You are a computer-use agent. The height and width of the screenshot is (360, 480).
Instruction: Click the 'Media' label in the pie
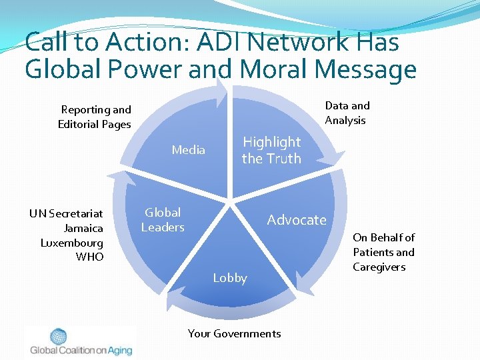point(189,150)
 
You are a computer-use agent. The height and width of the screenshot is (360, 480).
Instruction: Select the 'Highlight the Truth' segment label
point(271,150)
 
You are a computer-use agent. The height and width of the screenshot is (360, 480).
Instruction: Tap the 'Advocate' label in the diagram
point(297,220)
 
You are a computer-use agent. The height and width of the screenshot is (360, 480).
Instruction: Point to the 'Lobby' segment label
point(230,278)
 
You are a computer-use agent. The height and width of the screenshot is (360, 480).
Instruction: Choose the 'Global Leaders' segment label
point(163,220)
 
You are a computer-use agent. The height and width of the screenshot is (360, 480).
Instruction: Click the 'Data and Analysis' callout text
point(347,113)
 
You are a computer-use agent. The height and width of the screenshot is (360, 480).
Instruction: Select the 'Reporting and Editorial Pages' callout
point(95,117)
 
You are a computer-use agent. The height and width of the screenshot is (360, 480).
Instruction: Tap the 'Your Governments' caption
point(234,333)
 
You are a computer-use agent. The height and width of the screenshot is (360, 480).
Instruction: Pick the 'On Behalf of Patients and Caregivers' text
point(383,252)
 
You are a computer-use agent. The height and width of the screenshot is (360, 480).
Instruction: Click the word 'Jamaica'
point(83,228)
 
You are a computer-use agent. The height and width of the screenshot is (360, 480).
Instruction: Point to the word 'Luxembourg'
point(72,243)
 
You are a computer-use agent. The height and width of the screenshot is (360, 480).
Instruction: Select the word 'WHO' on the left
point(90,257)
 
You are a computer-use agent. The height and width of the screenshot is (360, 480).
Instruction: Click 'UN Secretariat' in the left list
point(66,213)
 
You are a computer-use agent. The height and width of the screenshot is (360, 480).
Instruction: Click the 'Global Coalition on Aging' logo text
point(81,350)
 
